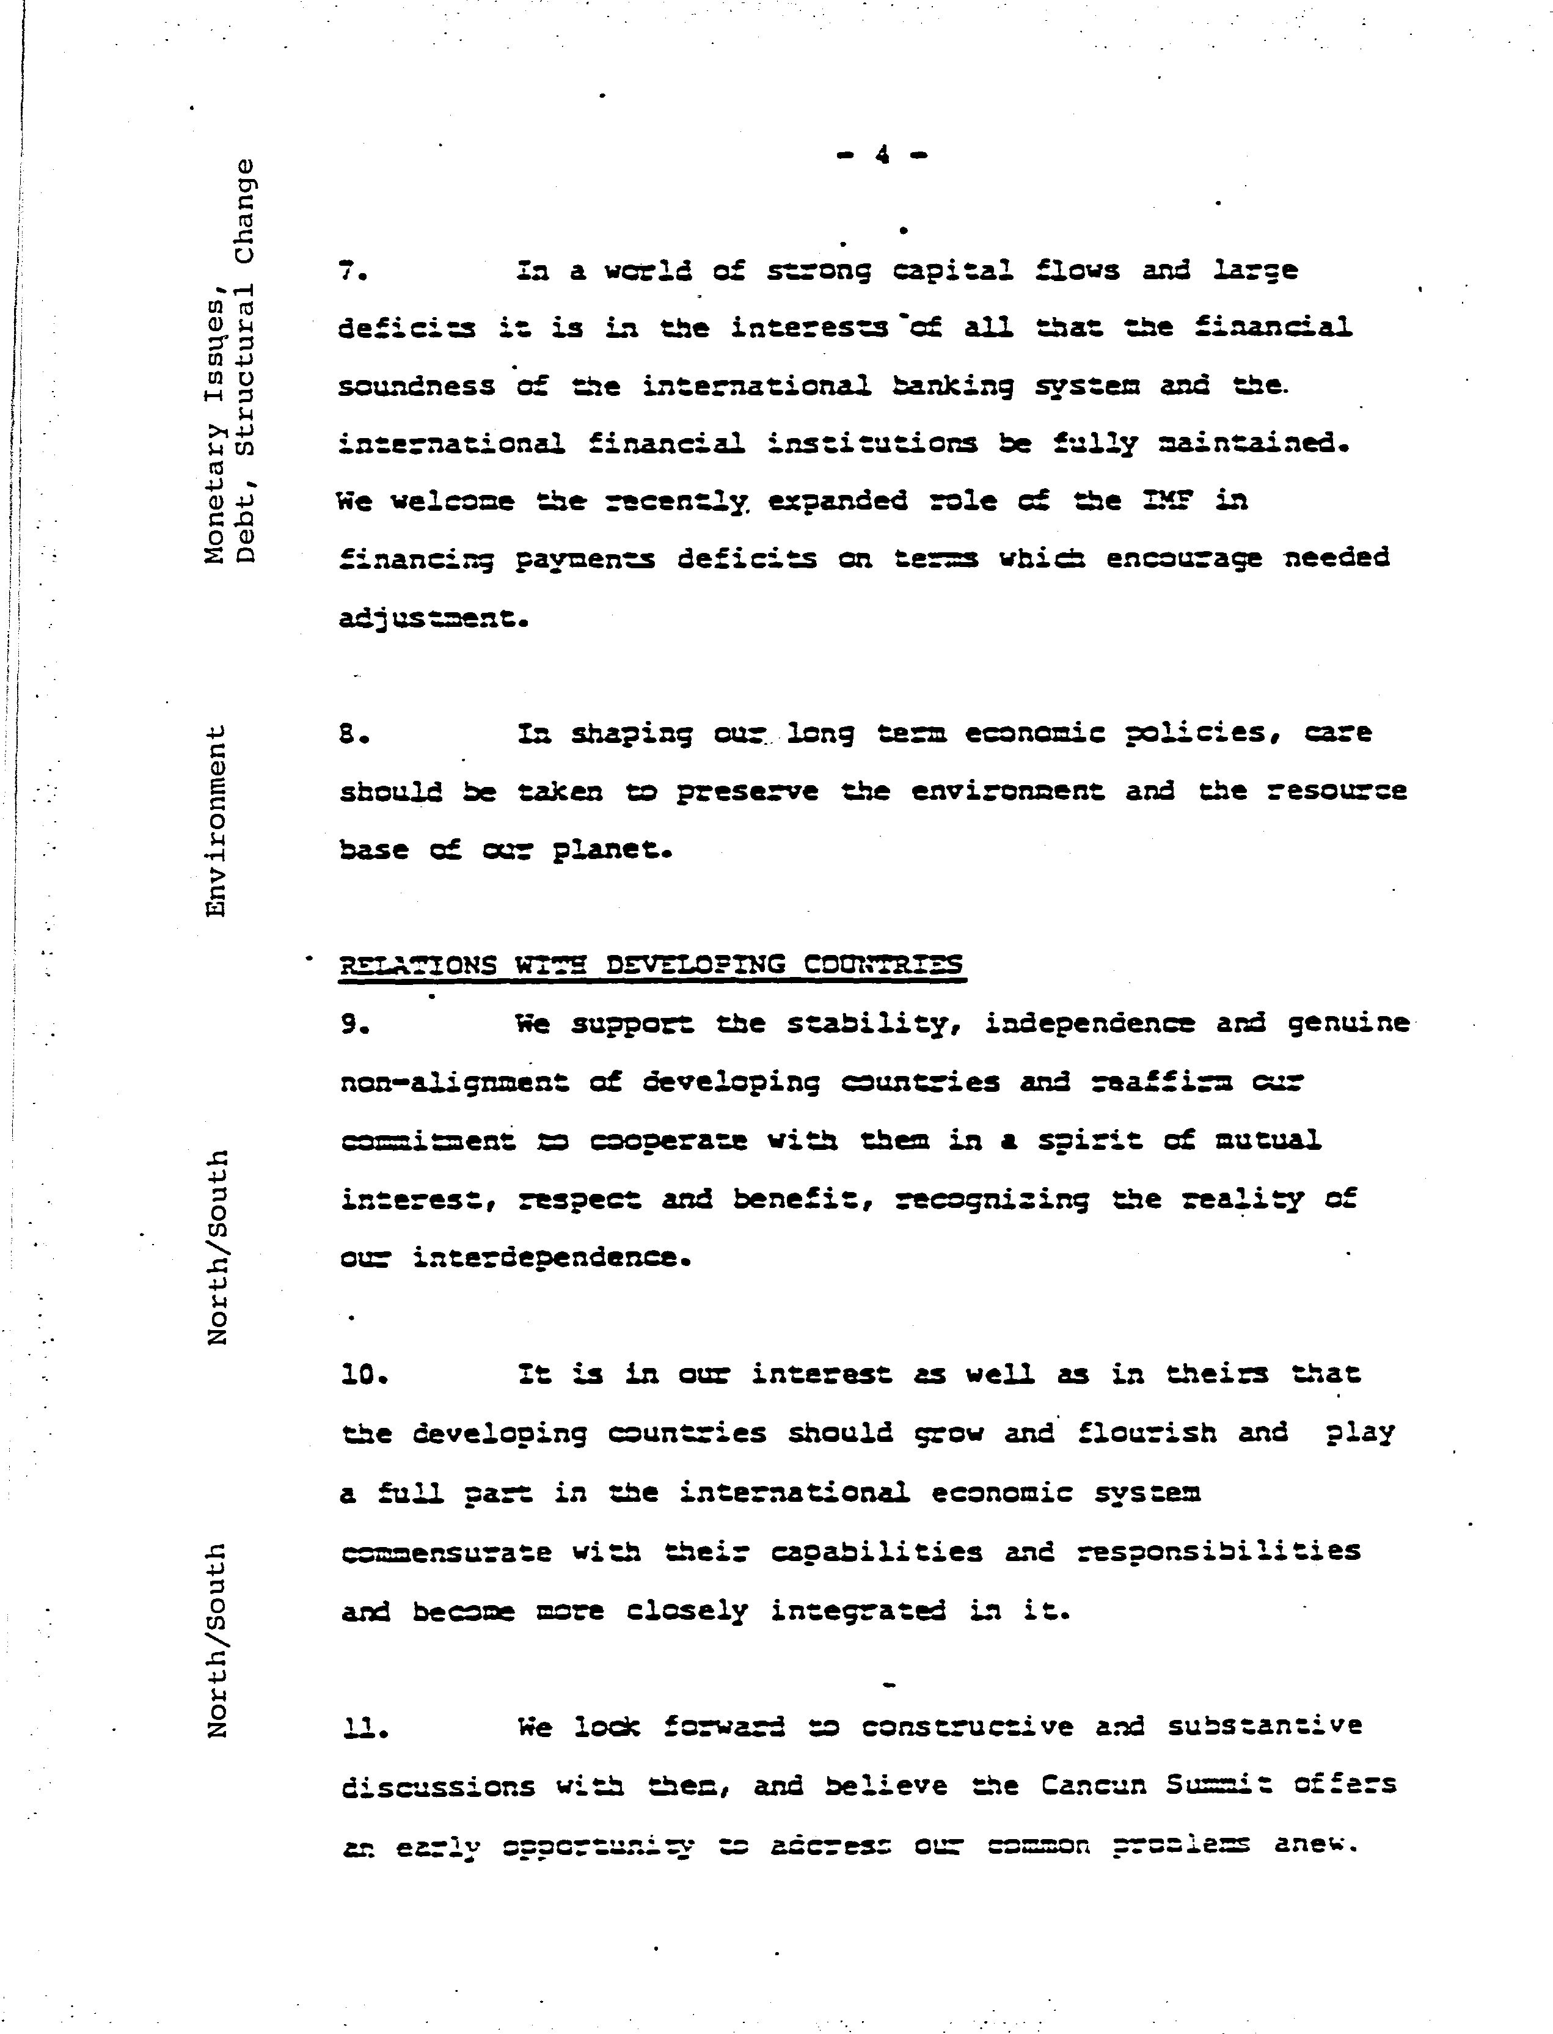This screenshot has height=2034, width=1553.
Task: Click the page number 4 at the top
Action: click(x=882, y=155)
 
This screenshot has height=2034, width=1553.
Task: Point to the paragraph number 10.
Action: click(x=364, y=1375)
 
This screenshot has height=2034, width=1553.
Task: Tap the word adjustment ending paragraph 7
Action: click(x=433, y=618)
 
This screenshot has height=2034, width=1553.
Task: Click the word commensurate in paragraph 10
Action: click(x=447, y=1551)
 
